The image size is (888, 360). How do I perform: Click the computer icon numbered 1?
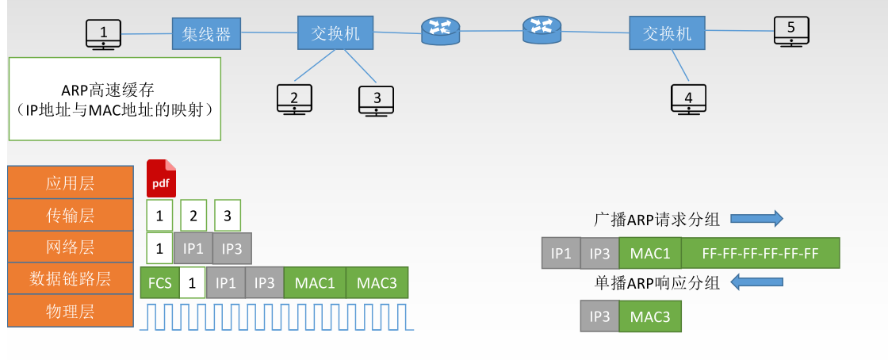[x=103, y=34]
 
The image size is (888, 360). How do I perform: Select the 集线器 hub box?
[x=206, y=34]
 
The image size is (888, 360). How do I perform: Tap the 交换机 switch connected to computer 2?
[x=335, y=33]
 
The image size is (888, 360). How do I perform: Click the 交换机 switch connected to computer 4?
[x=667, y=33]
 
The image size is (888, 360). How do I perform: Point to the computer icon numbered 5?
[x=790, y=32]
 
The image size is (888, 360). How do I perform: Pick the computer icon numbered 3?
[x=377, y=100]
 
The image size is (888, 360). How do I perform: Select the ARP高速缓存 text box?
[x=114, y=99]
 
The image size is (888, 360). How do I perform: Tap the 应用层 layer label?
[x=70, y=182]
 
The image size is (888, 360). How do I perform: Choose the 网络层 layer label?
[x=70, y=247]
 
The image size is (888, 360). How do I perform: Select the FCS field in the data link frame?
[x=159, y=282]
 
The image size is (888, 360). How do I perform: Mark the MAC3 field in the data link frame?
[x=377, y=282]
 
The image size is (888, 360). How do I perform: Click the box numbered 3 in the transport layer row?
[x=227, y=215]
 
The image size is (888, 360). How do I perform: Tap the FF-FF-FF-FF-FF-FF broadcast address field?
[x=760, y=253]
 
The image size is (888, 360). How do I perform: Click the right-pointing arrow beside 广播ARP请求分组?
[x=756, y=219]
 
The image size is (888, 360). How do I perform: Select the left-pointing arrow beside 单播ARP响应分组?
[x=756, y=281]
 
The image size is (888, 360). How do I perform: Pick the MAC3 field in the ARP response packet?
[x=649, y=316]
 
